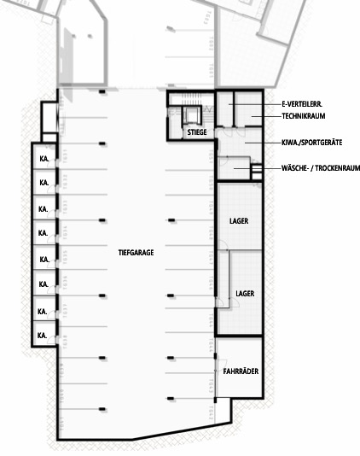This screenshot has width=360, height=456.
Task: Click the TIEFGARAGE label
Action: click(x=136, y=253)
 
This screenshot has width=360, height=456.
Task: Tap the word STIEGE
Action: click(x=197, y=132)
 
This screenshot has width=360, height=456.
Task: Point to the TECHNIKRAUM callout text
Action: click(x=303, y=116)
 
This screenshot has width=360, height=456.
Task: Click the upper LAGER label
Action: click(x=240, y=221)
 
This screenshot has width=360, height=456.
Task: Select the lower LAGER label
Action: click(x=245, y=293)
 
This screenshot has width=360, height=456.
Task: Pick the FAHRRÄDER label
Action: click(x=241, y=372)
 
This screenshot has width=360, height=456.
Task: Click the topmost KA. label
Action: click(x=42, y=159)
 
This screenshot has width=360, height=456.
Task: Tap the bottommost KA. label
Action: click(x=42, y=336)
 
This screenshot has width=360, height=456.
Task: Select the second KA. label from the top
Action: click(x=42, y=184)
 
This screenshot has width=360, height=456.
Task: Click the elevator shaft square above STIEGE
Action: click(x=191, y=114)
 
